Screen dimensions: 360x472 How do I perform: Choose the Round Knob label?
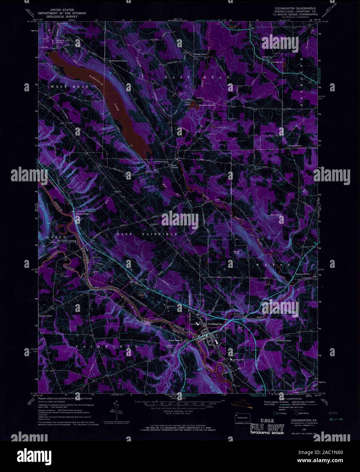point(237,252)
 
